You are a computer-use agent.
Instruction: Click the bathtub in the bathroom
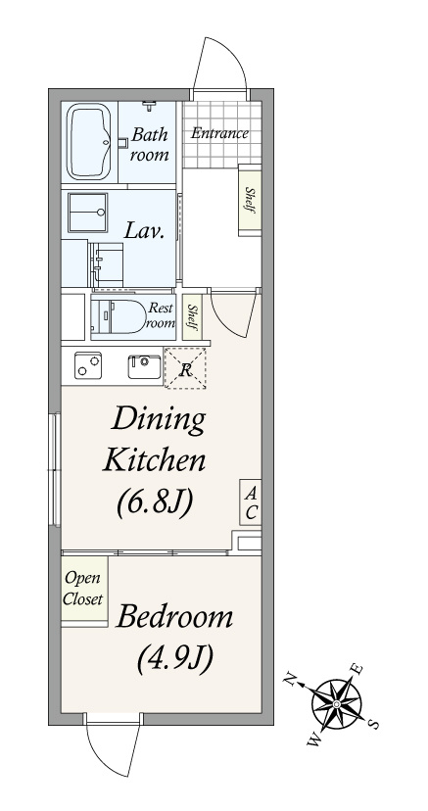(90, 141)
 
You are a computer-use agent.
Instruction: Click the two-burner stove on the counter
(87, 365)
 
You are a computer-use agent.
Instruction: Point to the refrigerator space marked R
(185, 368)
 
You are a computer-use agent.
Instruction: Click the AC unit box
(251, 502)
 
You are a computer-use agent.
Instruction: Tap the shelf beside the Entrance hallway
(250, 200)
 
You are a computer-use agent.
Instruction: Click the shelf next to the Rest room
(192, 317)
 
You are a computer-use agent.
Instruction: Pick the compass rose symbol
(337, 704)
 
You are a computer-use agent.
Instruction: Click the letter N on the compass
(291, 678)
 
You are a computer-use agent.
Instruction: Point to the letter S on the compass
(374, 724)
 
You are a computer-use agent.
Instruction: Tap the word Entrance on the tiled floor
(219, 133)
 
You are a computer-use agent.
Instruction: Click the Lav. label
(144, 231)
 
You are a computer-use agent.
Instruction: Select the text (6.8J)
(155, 502)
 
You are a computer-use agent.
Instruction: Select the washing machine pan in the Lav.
(87, 213)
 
